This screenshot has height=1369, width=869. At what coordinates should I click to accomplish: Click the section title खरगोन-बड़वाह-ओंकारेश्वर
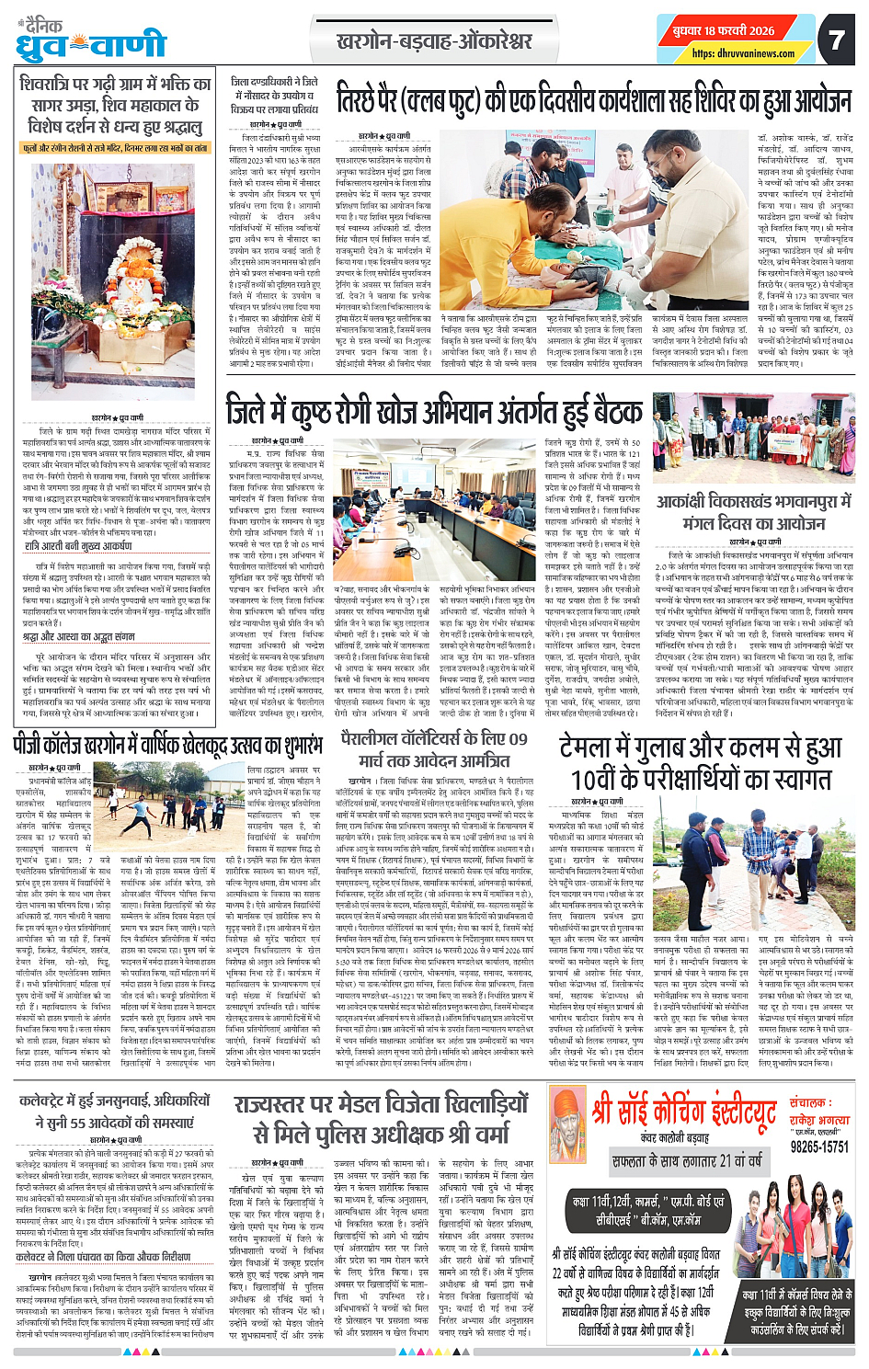pyautogui.click(x=434, y=41)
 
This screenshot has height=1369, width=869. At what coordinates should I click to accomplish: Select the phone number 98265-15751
pyautogui.click(x=819, y=1147)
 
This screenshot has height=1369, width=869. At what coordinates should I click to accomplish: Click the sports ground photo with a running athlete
pyautogui.click(x=158, y=799)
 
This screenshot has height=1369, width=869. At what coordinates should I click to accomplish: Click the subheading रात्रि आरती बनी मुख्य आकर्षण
pyautogui.click(x=78, y=545)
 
